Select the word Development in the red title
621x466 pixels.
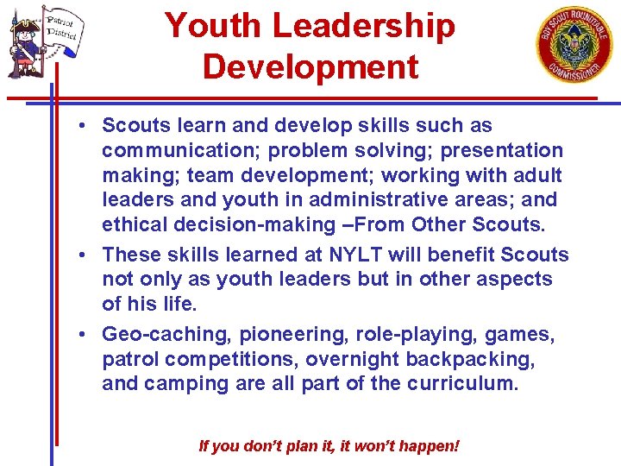click(310, 66)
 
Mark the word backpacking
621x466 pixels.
click(481, 358)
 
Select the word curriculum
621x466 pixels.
click(461, 383)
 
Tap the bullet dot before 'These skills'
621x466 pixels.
click(79, 255)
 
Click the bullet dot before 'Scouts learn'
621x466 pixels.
click(79, 126)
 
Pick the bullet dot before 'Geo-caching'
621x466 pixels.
click(79, 334)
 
